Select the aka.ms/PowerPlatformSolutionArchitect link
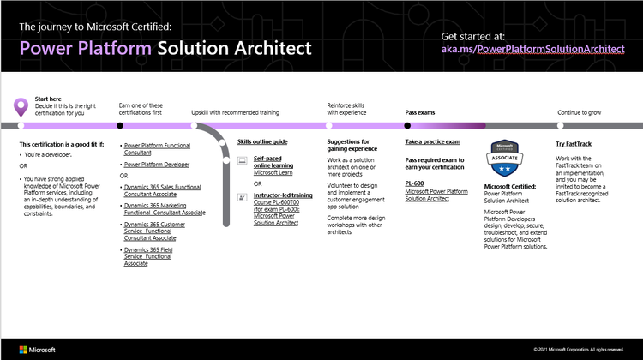coord(532,49)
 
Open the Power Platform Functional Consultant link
coord(157,150)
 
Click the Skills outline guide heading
coord(261,141)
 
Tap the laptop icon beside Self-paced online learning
coord(243,161)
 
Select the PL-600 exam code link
coord(416,183)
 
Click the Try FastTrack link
coord(573,141)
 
